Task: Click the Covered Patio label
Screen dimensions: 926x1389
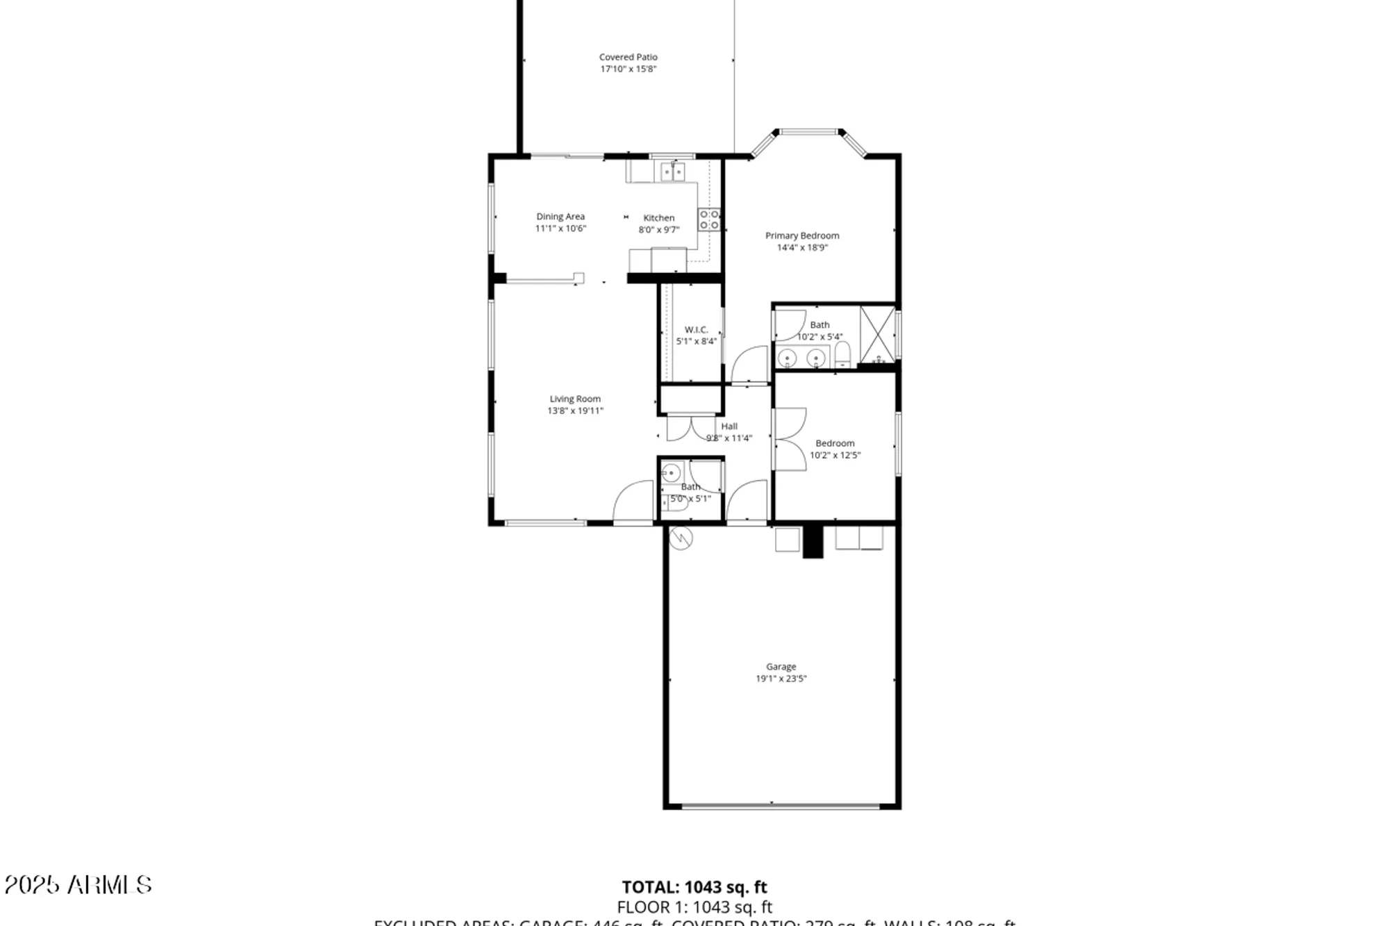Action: point(628,57)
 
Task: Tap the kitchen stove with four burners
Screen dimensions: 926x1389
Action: point(709,220)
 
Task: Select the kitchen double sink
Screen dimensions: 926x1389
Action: point(672,171)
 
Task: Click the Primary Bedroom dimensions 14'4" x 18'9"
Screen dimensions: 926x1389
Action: point(802,248)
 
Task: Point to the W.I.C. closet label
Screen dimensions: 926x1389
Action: point(696,330)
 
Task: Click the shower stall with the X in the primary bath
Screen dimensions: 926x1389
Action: point(877,334)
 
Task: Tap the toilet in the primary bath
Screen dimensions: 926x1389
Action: point(842,355)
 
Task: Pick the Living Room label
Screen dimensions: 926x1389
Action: point(575,399)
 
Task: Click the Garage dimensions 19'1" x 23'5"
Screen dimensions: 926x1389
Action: point(781,679)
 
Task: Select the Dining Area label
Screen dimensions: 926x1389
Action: point(560,217)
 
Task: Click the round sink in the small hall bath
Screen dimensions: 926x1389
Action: point(671,474)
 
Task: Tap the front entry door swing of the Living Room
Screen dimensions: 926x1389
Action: point(632,502)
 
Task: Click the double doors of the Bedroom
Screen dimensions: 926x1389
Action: point(790,439)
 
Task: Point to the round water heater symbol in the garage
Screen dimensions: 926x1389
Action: point(681,538)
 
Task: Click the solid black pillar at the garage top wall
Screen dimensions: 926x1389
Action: point(813,542)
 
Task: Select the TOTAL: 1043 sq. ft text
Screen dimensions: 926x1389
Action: point(694,887)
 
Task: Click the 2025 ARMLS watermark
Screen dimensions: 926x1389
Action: point(78,885)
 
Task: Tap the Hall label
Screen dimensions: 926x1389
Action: point(729,427)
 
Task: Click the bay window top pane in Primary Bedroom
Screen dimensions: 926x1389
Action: point(809,131)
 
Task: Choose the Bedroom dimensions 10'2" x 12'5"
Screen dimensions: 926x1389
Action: point(835,456)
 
